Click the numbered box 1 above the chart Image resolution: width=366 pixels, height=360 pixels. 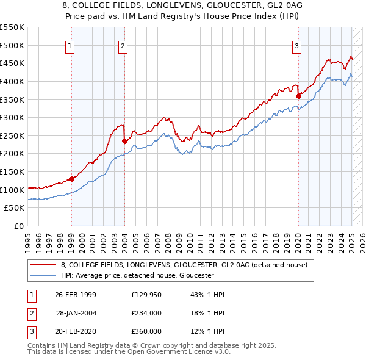click(71, 45)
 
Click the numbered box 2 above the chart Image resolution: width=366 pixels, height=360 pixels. click(123, 45)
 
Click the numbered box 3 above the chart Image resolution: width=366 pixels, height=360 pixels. click(296, 45)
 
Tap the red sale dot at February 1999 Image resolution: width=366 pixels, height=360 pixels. click(71, 179)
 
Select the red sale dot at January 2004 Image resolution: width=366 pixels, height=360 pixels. click(124, 141)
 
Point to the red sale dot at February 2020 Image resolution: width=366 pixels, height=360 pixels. click(299, 95)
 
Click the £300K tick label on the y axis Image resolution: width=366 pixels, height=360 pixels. click(12, 117)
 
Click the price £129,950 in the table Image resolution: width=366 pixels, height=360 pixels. click(146, 295)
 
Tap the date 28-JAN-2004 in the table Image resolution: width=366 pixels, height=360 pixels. click(76, 313)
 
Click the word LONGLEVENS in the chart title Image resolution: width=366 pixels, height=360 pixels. click(145, 5)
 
